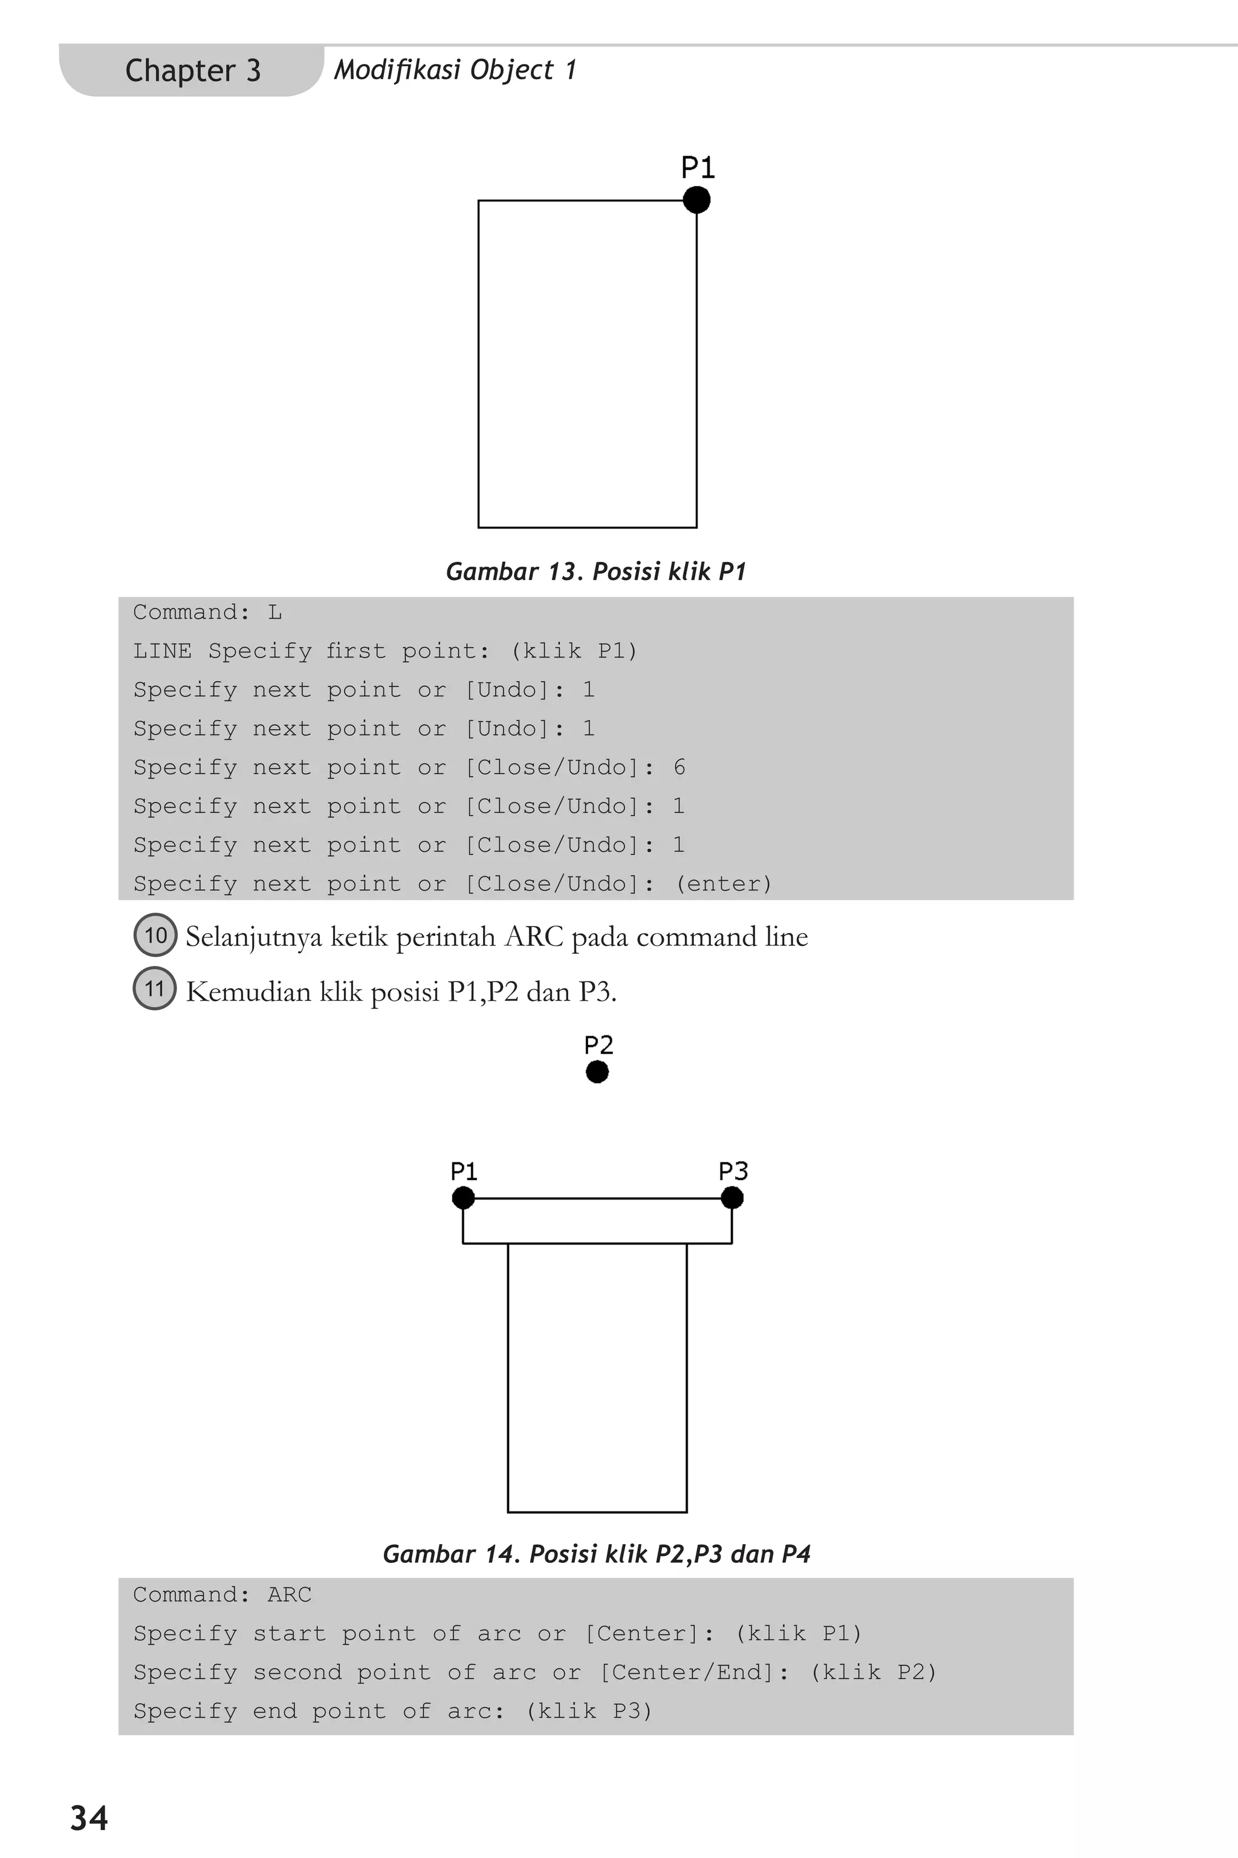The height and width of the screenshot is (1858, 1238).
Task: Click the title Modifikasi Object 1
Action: click(455, 70)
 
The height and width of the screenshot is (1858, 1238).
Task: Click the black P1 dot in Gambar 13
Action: click(696, 200)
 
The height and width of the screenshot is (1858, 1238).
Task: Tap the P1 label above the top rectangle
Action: click(698, 168)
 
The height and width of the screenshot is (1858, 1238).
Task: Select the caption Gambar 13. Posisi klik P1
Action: click(596, 571)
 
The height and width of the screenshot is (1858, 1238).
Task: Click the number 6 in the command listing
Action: click(679, 767)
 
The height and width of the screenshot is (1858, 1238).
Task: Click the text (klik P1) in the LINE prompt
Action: click(573, 651)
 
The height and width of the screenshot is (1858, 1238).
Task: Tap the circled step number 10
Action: click(155, 935)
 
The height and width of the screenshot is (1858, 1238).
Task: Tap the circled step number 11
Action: click(155, 989)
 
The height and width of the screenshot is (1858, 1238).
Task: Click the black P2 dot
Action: click(598, 1072)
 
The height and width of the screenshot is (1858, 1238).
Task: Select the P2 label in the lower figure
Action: click(598, 1045)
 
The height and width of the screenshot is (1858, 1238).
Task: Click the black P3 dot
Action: click(732, 1198)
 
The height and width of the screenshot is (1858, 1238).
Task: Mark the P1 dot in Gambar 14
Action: click(464, 1198)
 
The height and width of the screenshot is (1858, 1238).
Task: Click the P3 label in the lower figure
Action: click(733, 1171)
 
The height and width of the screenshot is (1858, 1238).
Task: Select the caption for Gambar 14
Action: click(596, 1554)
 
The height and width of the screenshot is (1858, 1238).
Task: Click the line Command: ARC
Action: click(222, 1595)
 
